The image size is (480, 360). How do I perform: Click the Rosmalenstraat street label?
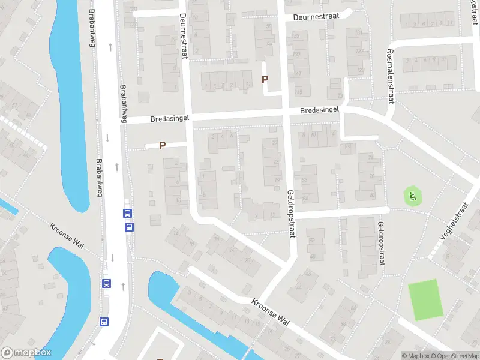(x=391, y=76)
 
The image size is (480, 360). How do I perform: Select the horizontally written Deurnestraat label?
(x=317, y=17)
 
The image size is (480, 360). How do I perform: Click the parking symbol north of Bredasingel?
(x=265, y=79)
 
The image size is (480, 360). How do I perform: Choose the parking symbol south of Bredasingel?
(x=161, y=145)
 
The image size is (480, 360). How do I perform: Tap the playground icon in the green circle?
(x=412, y=195)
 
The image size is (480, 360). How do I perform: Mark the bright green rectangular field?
(x=426, y=299)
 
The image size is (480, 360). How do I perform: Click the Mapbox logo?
(x=25, y=353)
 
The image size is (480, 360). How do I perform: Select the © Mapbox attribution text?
(x=415, y=356)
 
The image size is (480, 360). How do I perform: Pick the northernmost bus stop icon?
(x=127, y=213)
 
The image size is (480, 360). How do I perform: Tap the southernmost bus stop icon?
(x=104, y=321)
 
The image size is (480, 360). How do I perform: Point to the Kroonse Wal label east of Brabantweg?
(x=271, y=312)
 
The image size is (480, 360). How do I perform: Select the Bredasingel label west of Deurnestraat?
(x=160, y=119)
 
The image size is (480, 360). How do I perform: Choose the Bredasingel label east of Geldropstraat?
(x=320, y=110)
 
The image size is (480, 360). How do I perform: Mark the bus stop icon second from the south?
(x=106, y=283)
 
